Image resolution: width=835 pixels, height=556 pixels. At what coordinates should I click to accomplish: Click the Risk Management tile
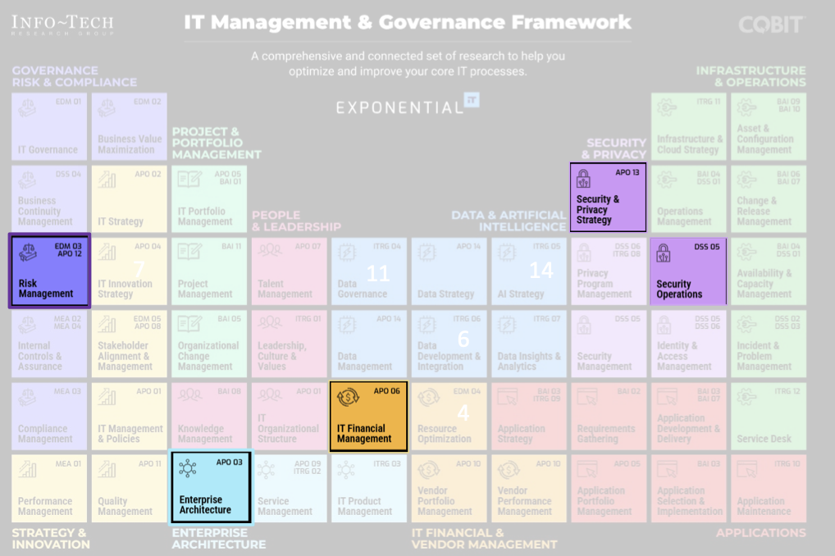coord(49,271)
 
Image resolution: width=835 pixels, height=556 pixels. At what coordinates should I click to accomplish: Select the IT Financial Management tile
coord(368,416)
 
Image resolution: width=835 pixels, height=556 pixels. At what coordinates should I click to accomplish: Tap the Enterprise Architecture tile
coord(211,487)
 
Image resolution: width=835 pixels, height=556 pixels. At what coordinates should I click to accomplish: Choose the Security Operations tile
coord(687,271)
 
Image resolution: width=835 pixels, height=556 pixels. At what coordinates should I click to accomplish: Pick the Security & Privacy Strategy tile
coord(608,198)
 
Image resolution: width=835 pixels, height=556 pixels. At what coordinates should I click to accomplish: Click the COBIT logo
coord(770,25)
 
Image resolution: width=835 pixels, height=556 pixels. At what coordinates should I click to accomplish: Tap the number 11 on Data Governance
coord(377,272)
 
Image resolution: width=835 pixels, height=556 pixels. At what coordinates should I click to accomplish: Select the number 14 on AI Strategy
coord(541,269)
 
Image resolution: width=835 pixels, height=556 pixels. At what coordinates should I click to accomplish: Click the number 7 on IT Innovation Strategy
coord(139,269)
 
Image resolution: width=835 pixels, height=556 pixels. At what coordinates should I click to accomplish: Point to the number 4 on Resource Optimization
coord(463,413)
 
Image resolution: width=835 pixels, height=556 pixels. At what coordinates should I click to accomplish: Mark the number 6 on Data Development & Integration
coord(463,339)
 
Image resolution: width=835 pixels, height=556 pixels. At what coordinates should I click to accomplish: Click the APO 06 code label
coord(387,391)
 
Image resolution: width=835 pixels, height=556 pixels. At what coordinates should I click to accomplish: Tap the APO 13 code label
coord(627,173)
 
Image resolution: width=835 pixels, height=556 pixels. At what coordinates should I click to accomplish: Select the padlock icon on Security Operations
coord(664,253)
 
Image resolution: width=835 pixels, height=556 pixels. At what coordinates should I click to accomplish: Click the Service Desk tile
coord(769,416)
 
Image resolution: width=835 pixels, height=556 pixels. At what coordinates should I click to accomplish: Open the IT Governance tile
coord(49,126)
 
